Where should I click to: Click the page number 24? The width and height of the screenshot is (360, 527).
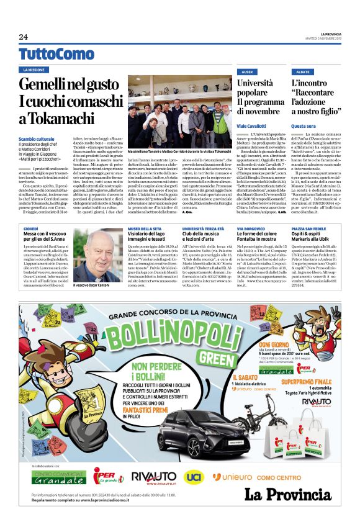point(23,37)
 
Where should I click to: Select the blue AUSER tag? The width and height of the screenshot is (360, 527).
point(247,71)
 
